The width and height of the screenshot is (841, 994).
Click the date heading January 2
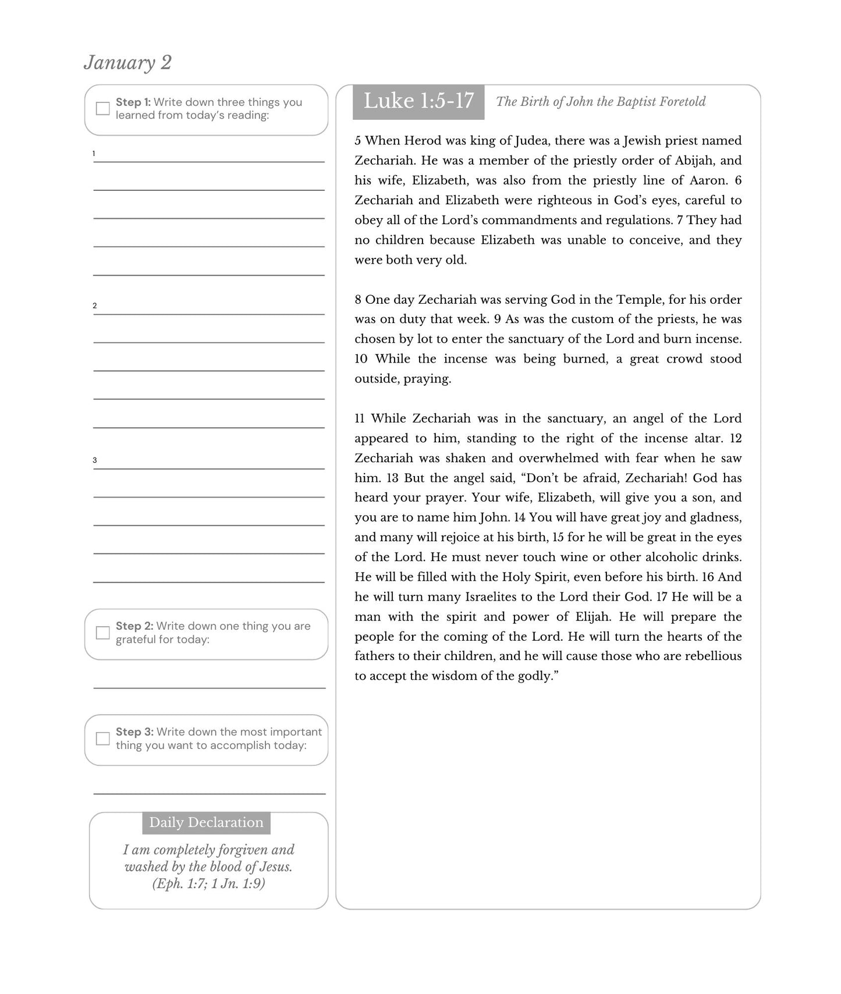(127, 62)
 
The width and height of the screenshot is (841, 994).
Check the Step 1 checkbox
(103, 109)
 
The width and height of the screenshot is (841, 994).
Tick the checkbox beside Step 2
(103, 633)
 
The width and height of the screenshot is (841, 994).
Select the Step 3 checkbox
(103, 739)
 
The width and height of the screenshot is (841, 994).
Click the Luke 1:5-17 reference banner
(418, 101)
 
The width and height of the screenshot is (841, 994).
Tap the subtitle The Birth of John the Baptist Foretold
(600, 102)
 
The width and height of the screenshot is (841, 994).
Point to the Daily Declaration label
(206, 822)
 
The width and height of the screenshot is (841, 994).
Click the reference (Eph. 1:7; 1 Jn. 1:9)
(208, 883)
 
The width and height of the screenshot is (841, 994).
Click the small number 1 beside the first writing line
(94, 154)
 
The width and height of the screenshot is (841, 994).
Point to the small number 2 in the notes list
(95, 306)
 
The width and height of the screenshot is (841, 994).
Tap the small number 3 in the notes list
(95, 460)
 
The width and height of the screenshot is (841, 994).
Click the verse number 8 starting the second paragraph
(358, 300)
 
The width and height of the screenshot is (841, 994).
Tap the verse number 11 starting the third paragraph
(360, 418)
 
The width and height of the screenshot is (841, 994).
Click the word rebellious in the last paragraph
(713, 656)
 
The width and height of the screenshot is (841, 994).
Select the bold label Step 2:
(134, 626)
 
